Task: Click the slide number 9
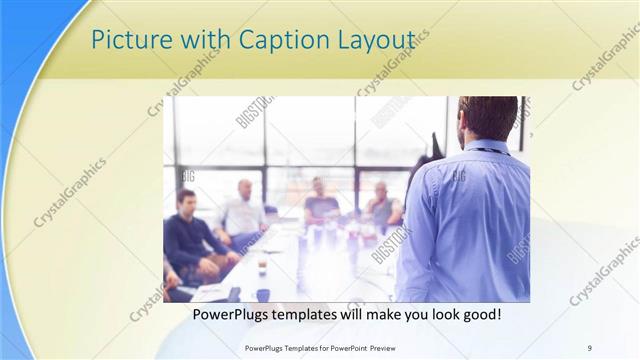590,347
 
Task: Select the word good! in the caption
480,315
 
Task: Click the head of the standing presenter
489,118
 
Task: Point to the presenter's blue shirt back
469,220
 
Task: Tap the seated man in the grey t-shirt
320,205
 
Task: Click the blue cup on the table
263,294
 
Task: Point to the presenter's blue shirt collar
489,148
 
